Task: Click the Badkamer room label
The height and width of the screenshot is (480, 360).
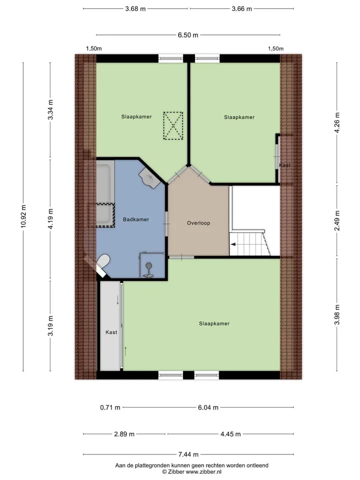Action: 136,219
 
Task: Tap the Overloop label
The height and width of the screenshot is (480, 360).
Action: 198,223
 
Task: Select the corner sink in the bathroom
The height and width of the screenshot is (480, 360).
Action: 149,177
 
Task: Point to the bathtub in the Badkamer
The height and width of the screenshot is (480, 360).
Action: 104,193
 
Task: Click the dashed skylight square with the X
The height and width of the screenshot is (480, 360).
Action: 173,126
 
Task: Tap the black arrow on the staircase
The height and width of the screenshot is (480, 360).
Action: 233,244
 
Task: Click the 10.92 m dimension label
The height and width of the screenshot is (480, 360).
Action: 23,216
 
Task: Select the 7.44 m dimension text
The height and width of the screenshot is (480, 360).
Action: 188,454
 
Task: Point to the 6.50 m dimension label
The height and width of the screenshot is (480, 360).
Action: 188,35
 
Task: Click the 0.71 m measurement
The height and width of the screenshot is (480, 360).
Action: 110,407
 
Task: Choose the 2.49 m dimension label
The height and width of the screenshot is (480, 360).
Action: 337,220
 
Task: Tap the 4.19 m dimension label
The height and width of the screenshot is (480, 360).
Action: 51,218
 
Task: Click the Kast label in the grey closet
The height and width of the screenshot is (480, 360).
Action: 111,332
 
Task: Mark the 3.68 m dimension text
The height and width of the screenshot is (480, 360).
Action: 135,8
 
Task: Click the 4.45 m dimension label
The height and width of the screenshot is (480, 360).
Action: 230,434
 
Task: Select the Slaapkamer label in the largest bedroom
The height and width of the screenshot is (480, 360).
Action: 214,323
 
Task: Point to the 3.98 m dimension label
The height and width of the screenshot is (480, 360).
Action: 337,314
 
